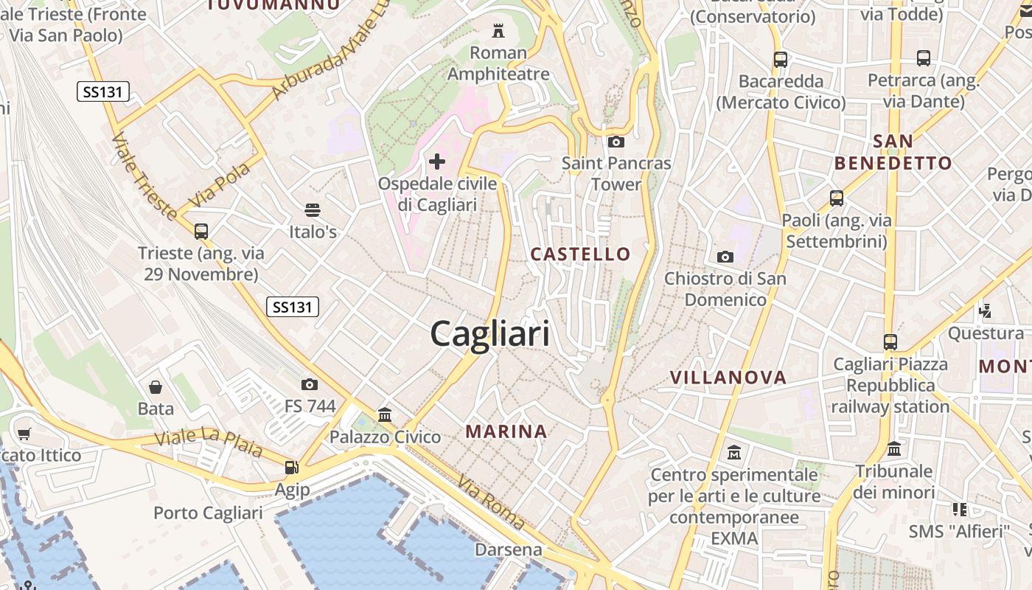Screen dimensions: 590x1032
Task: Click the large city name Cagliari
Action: (490, 334)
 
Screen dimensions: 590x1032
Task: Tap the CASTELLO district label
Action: (581, 254)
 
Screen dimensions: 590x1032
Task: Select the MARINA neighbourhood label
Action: (506, 431)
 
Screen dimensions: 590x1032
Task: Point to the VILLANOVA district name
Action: (728, 378)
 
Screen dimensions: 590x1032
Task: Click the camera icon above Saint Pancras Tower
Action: (616, 142)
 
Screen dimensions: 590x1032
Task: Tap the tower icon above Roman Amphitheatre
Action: (499, 31)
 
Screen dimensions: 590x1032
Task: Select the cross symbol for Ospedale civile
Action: (437, 161)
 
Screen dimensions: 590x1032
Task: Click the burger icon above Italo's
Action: (313, 210)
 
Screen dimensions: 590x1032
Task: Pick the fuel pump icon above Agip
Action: (292, 468)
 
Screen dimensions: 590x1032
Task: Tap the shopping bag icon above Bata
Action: (156, 387)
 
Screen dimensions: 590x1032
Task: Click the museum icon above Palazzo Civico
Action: (385, 415)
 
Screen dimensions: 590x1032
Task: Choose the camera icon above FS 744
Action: (310, 384)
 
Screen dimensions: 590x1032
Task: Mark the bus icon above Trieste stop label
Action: (201, 232)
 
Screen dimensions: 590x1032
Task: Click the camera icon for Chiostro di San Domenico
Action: (725, 257)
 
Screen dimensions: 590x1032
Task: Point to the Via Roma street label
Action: (491, 502)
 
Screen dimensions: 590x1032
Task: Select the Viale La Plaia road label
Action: (209, 441)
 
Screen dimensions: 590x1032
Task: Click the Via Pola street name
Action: (220, 184)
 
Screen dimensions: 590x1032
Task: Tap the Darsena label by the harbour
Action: (508, 549)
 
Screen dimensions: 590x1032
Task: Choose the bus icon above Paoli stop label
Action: (837, 198)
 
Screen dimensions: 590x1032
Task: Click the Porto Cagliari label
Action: (208, 513)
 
